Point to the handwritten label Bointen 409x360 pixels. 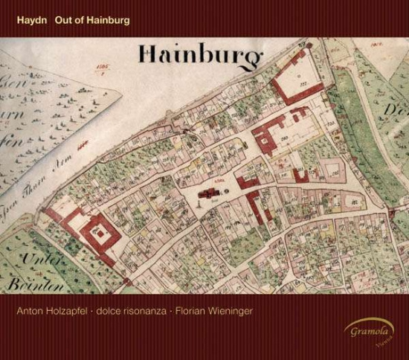point(27,285)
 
